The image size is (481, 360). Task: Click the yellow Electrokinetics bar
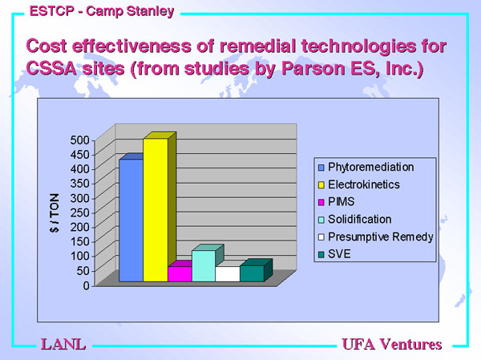(156, 209)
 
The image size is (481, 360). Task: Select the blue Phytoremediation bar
(131, 220)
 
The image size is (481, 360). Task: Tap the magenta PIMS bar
(180, 273)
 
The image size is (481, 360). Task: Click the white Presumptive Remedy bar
(228, 273)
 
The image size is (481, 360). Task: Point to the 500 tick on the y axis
(79, 140)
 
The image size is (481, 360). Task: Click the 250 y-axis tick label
(79, 212)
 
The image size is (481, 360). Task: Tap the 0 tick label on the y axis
(87, 285)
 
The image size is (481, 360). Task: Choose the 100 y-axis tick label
(79, 256)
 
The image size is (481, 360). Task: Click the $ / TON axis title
(54, 212)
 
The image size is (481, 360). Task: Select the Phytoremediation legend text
(371, 167)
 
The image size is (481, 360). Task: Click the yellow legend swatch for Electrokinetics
(321, 184)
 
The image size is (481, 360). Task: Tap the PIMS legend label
(342, 201)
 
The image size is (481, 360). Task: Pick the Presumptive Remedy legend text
(380, 237)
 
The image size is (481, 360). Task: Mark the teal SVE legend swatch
(321, 254)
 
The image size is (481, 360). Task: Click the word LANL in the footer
(63, 344)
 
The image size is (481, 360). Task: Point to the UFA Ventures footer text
(392, 344)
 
